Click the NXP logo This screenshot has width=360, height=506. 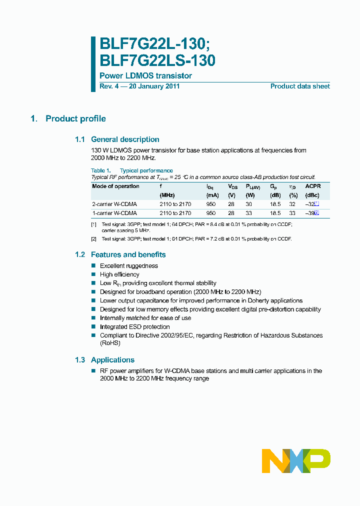[296, 460]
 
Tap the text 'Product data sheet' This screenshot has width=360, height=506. [300, 86]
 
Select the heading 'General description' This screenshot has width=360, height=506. [125, 139]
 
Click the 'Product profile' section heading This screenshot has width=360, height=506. [75, 118]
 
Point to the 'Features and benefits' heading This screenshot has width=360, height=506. [128, 254]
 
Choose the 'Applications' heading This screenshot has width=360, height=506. [112, 360]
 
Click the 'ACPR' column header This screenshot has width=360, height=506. [313, 186]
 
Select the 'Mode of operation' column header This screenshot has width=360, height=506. [116, 186]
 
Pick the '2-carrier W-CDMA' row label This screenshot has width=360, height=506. [114, 204]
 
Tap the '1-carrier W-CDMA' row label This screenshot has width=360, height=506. [114, 213]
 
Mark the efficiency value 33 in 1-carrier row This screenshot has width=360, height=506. [292, 213]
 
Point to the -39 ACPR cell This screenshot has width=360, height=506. [310, 213]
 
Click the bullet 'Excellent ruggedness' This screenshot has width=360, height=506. [129, 266]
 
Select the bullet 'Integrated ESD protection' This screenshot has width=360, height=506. [135, 327]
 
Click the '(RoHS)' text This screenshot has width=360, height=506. [110, 343]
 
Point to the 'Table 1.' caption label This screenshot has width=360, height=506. [100, 170]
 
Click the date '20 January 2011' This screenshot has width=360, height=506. [154, 86]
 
